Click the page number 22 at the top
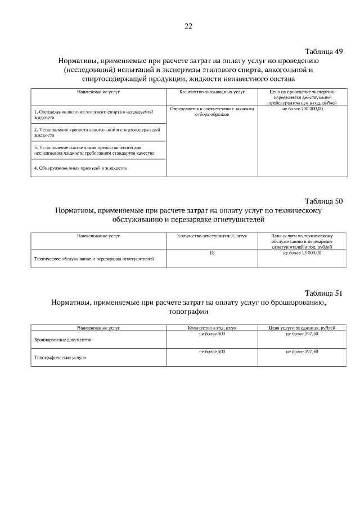pos(188,26)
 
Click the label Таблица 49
pos(323,51)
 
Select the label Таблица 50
pos(323,201)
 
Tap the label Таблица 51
pos(323,293)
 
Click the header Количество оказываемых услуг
pos(211,91)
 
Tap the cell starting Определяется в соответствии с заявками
pos(212,111)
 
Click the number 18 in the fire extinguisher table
pos(212,253)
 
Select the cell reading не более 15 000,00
pos(302,253)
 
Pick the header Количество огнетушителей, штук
pos(212,236)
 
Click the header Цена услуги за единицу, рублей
pos(303,327)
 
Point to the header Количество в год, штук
pos(212,327)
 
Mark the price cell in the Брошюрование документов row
pos(302,334)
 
